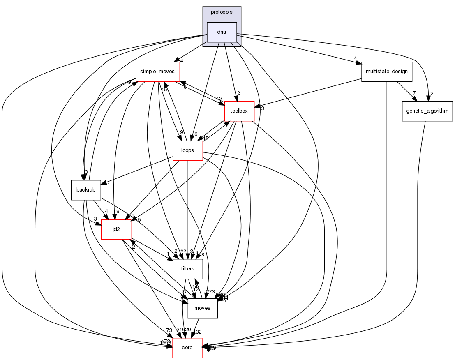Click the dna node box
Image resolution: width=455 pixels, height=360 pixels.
click(x=222, y=32)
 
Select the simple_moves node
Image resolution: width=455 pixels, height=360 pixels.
click(x=157, y=72)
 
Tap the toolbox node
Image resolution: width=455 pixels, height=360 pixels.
click(x=239, y=111)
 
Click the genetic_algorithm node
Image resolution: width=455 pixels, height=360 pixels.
click(x=427, y=111)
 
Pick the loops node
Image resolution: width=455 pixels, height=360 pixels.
click(x=187, y=150)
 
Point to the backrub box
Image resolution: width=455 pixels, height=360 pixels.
click(x=86, y=190)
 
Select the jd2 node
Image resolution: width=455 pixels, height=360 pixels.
click(x=116, y=229)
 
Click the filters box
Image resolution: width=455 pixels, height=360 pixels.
click(x=187, y=269)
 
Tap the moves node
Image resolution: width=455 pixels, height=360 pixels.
click(x=202, y=308)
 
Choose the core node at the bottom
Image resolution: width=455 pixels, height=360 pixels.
click(x=187, y=348)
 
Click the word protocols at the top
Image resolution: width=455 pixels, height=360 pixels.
click(x=222, y=12)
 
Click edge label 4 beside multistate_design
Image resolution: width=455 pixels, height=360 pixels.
click(x=354, y=58)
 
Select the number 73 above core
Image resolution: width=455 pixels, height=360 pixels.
click(x=169, y=331)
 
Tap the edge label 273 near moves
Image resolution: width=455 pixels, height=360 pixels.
click(x=210, y=292)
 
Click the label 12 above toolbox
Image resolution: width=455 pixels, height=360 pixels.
click(x=219, y=98)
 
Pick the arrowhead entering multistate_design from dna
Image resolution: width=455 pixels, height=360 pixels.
click(x=358, y=63)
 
